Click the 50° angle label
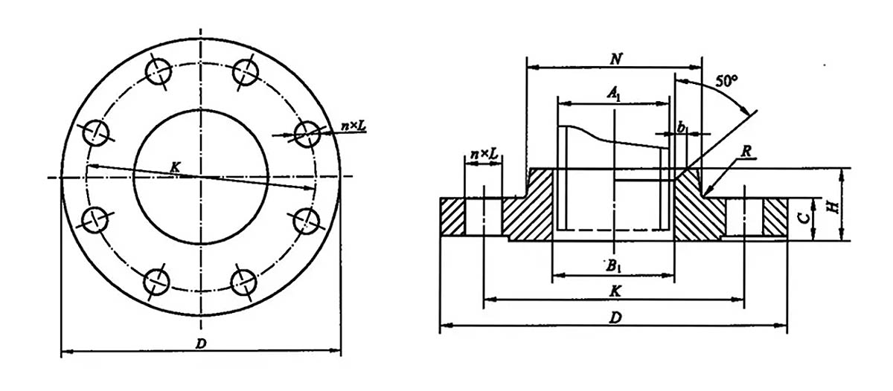727,81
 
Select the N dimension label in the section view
616,59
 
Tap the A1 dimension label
614,94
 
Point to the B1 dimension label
614,266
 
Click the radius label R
746,151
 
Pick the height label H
833,207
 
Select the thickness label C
805,218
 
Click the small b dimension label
682,128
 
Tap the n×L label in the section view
484,154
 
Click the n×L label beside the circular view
353,126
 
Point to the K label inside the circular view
175,167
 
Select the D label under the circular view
201,343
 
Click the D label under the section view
615,317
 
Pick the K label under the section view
615,291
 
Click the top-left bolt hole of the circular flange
159,72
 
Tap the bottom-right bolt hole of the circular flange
244,282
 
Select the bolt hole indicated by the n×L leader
307,135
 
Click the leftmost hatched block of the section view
453,216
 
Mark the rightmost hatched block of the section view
775,217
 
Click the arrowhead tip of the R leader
705,196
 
